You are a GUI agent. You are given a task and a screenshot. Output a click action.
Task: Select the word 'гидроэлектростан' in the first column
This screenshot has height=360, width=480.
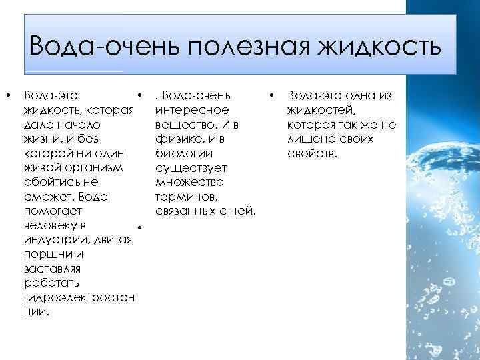click(79, 297)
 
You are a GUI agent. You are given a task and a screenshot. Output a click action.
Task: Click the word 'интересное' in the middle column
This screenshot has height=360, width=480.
click(192, 110)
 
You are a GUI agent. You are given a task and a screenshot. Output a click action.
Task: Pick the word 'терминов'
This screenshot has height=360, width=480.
click(189, 197)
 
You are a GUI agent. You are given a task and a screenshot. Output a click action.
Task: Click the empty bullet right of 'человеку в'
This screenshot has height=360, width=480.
click(136, 229)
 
